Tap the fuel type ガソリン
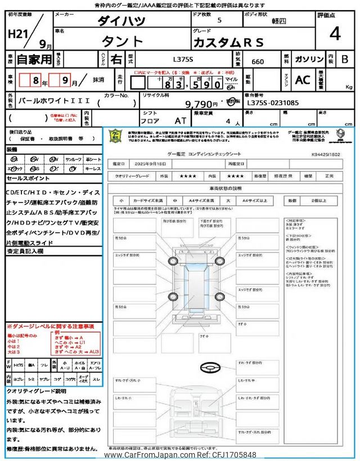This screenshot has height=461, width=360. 308,59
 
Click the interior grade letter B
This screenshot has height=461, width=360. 345,59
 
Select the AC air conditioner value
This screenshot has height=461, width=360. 303,80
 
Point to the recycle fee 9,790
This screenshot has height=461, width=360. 201,104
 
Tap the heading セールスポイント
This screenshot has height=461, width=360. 28,178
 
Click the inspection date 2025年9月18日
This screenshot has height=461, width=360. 152,164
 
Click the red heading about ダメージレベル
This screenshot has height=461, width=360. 50,326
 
